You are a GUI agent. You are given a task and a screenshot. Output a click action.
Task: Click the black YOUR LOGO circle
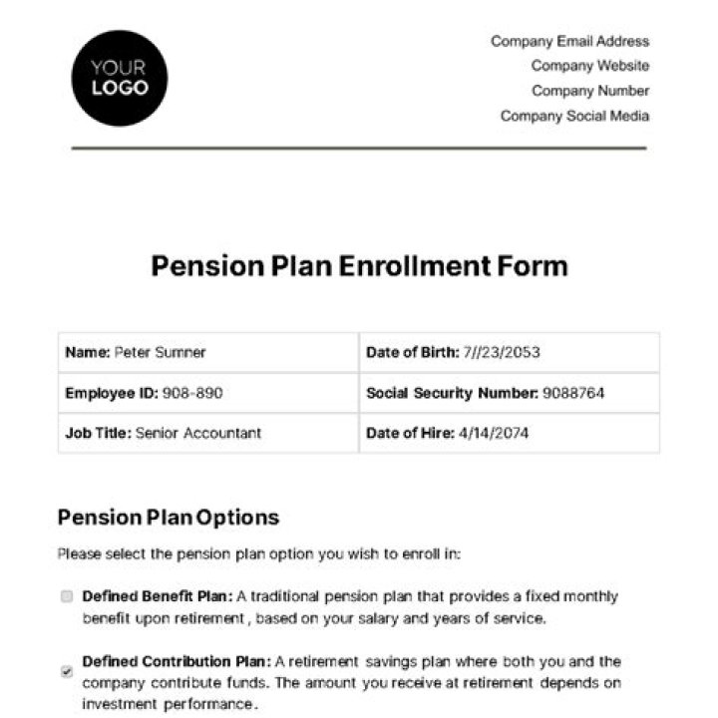pyautogui.click(x=120, y=78)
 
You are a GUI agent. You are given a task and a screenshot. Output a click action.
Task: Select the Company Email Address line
pyautogui.click(x=569, y=41)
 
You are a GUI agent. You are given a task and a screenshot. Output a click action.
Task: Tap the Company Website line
pyautogui.click(x=589, y=66)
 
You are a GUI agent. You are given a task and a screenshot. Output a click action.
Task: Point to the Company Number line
pyautogui.click(x=589, y=91)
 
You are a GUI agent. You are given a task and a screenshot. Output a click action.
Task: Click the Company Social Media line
pyautogui.click(x=574, y=116)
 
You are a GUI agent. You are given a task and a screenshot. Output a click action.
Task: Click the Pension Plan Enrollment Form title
pyautogui.click(x=359, y=266)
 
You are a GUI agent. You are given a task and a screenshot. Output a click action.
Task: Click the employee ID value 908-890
pyautogui.click(x=192, y=393)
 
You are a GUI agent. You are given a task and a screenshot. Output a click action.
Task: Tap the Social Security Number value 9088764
pyautogui.click(x=573, y=393)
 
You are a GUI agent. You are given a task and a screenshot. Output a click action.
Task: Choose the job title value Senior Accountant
pyautogui.click(x=197, y=433)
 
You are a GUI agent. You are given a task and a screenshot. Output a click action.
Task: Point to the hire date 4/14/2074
pyautogui.click(x=494, y=433)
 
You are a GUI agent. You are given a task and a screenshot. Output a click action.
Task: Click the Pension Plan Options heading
pyautogui.click(x=169, y=518)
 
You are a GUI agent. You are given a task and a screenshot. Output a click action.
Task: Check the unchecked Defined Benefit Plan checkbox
pyautogui.click(x=67, y=596)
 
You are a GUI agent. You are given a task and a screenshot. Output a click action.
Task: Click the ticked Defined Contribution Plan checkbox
pyautogui.click(x=67, y=671)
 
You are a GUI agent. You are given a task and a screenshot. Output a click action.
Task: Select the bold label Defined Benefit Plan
pyautogui.click(x=158, y=596)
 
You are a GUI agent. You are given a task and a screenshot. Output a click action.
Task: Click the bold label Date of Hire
pyautogui.click(x=409, y=433)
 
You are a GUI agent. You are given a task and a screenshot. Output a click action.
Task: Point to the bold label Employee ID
pyautogui.click(x=111, y=393)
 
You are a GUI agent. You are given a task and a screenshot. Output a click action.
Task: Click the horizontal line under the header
pyautogui.click(x=359, y=148)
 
